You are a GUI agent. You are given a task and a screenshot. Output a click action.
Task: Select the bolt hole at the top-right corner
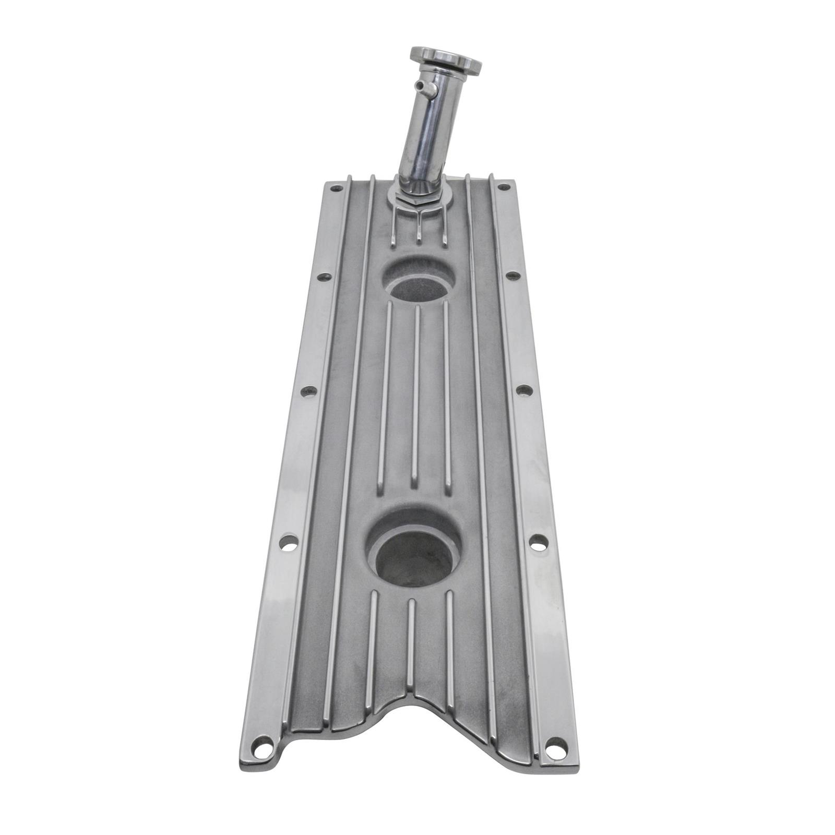click(504, 186)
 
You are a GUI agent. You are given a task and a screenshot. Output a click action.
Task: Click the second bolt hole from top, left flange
click(325, 277)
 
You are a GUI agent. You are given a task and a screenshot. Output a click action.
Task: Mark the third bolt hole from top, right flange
click(524, 389)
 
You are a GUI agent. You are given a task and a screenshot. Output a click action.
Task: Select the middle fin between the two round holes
click(416, 397)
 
